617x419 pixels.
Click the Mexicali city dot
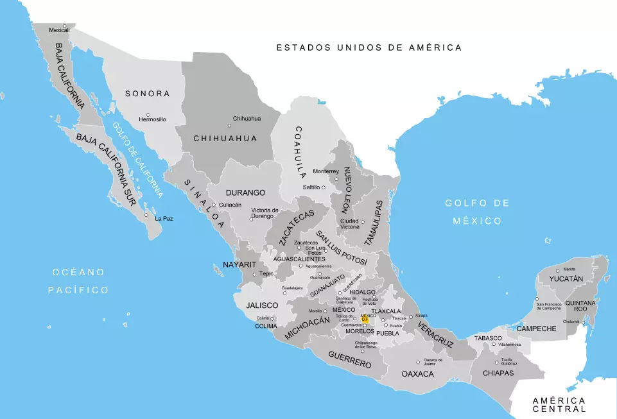[64, 26]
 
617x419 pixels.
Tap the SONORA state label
[148, 94]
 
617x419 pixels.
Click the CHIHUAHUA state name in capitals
[225, 139]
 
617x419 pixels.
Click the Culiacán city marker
[214, 205]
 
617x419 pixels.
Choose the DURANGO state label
[245, 192]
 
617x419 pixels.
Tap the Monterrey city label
[326, 171]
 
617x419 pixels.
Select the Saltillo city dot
[324, 187]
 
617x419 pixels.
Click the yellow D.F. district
[365, 318]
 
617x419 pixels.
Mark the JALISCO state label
[261, 305]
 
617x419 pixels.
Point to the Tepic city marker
[255, 275]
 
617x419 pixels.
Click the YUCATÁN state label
[566, 279]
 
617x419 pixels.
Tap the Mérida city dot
[559, 269]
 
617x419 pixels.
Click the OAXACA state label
[418, 373]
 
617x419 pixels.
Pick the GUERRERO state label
[350, 359]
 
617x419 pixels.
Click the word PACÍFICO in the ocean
[78, 290]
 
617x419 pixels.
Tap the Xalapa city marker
[412, 316]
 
